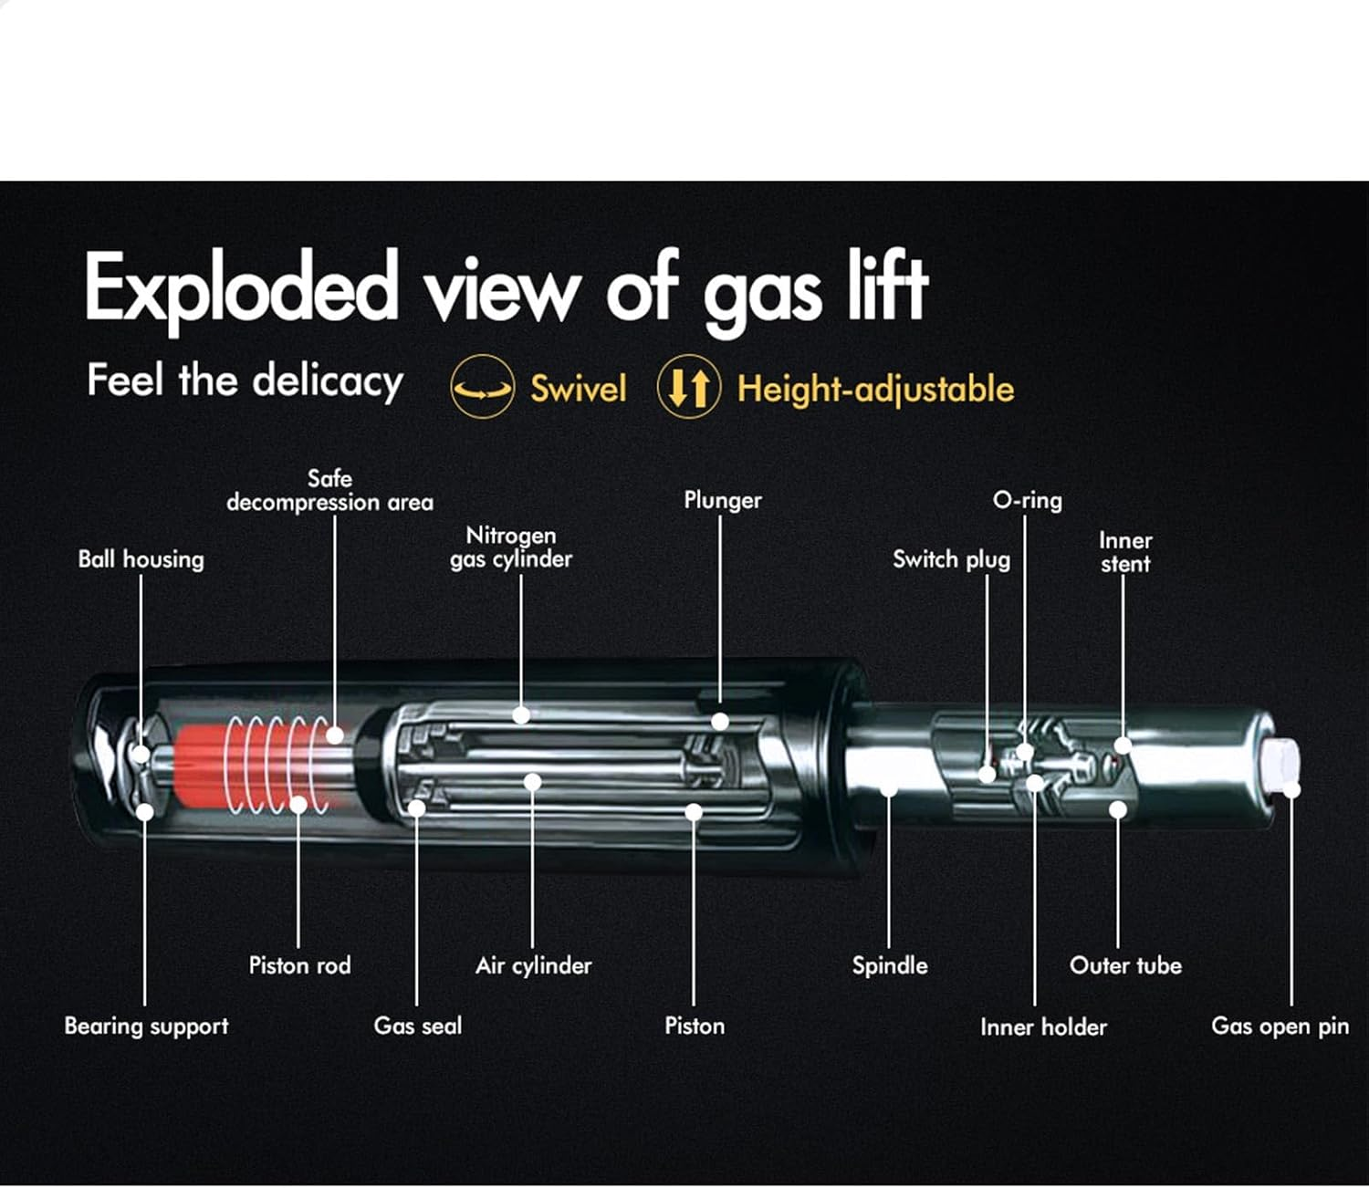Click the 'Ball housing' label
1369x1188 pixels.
pos(141,559)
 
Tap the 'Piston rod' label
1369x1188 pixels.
pos(299,965)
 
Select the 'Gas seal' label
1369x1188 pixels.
pos(417,1026)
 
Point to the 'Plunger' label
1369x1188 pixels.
pos(723,500)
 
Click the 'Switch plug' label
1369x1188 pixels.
pos(952,559)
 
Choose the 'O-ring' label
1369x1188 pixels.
pos(1028,500)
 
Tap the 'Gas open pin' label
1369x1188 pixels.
pos(1280,1026)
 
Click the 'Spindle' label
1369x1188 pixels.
pos(890,966)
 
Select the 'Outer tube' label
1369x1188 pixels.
pos(1125,965)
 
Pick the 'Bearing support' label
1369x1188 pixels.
pos(147,1026)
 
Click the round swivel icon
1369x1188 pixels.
pos(483,387)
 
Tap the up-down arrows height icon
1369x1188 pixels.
pos(689,387)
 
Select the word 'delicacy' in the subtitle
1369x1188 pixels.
pos(328,381)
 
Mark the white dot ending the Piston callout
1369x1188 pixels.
pos(694,812)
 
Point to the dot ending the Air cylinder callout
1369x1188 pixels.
pos(533,782)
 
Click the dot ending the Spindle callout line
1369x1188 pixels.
pos(889,789)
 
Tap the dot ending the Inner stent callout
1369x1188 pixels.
pos(1123,745)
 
